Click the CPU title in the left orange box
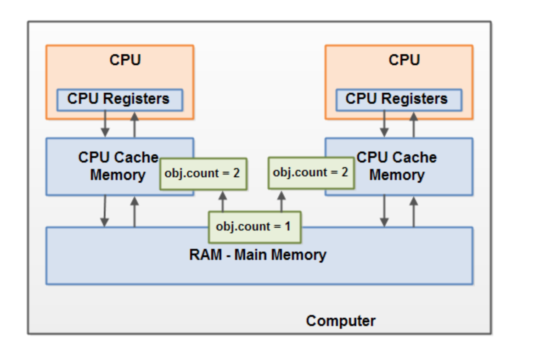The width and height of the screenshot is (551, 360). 125,60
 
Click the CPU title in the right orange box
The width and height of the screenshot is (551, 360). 404,60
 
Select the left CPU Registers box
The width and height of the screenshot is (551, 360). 119,100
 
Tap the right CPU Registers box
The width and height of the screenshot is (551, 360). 398,100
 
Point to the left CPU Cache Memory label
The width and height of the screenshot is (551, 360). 118,166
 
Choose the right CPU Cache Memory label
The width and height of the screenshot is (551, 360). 397,166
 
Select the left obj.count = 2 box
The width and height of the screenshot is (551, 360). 203,174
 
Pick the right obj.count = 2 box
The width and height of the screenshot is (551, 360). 311,173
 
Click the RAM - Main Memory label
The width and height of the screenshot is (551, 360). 258,255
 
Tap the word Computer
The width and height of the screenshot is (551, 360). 340,321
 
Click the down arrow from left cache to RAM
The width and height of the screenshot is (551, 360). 105,211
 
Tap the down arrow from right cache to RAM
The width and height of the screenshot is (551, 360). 384,211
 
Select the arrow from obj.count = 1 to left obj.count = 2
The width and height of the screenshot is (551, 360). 223,201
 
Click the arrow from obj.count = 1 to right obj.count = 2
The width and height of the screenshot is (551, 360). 281,201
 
